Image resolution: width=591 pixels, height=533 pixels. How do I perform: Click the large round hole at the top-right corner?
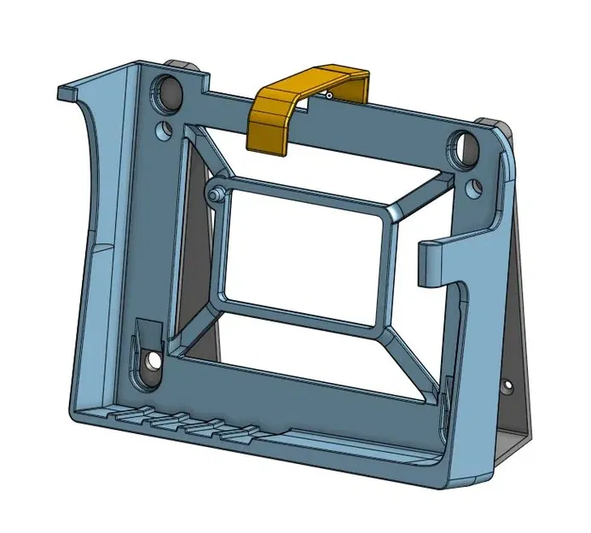(466, 147)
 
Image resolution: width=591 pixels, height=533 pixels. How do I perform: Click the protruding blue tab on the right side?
(437, 261)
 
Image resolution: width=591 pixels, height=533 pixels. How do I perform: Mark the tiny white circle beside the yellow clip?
(327, 96)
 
